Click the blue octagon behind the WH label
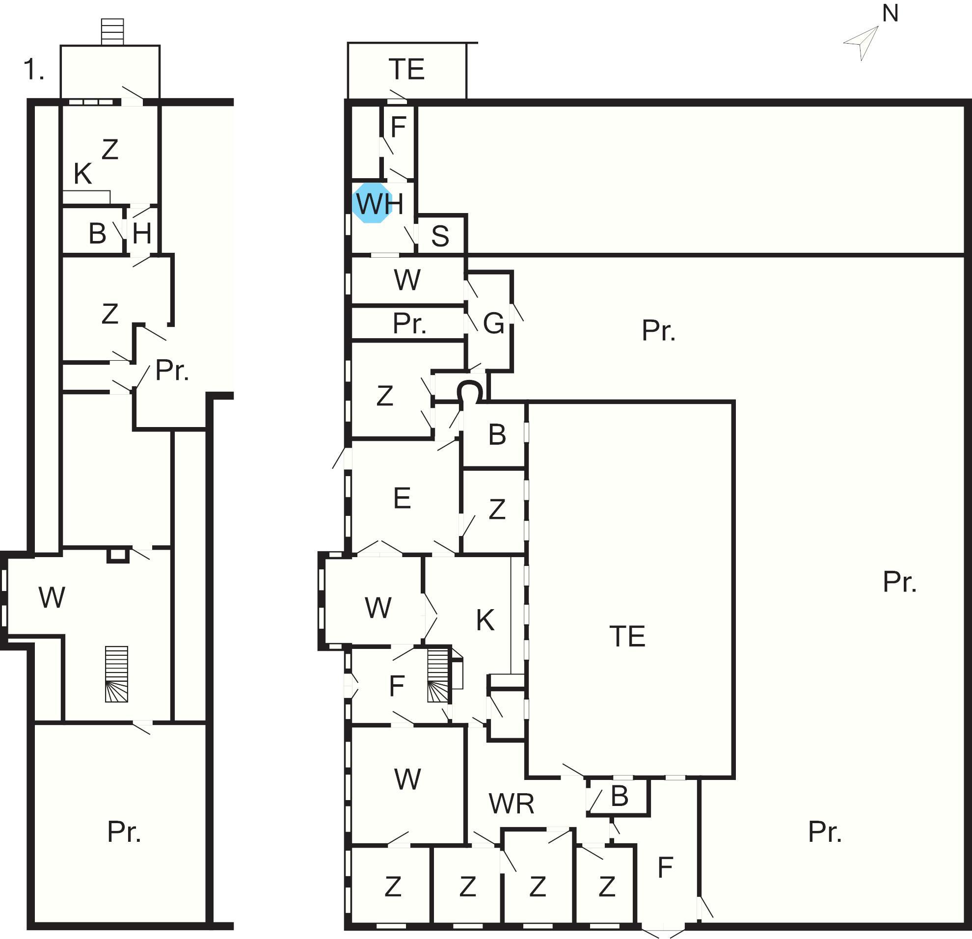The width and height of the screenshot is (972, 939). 373,203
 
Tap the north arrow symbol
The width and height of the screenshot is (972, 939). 863,43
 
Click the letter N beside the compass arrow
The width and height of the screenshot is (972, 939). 890,13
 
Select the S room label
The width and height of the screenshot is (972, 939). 440,236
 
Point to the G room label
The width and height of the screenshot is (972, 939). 493,324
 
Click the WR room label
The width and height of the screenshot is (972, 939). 512,804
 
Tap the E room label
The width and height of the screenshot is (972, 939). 402,498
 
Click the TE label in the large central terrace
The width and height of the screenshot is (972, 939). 627,637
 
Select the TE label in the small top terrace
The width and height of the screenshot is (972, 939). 406,69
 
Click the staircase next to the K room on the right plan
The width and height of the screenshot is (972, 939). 438,676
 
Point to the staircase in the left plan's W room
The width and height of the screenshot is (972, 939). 116,674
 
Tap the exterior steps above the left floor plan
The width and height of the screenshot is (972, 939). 112,32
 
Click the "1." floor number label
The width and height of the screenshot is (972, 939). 34,69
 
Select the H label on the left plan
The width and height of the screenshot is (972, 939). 142,233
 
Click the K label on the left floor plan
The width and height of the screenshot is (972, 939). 83,174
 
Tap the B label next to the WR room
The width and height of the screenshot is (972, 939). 620,796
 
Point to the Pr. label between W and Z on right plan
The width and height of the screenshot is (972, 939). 409,324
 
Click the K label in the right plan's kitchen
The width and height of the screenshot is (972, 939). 485,620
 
